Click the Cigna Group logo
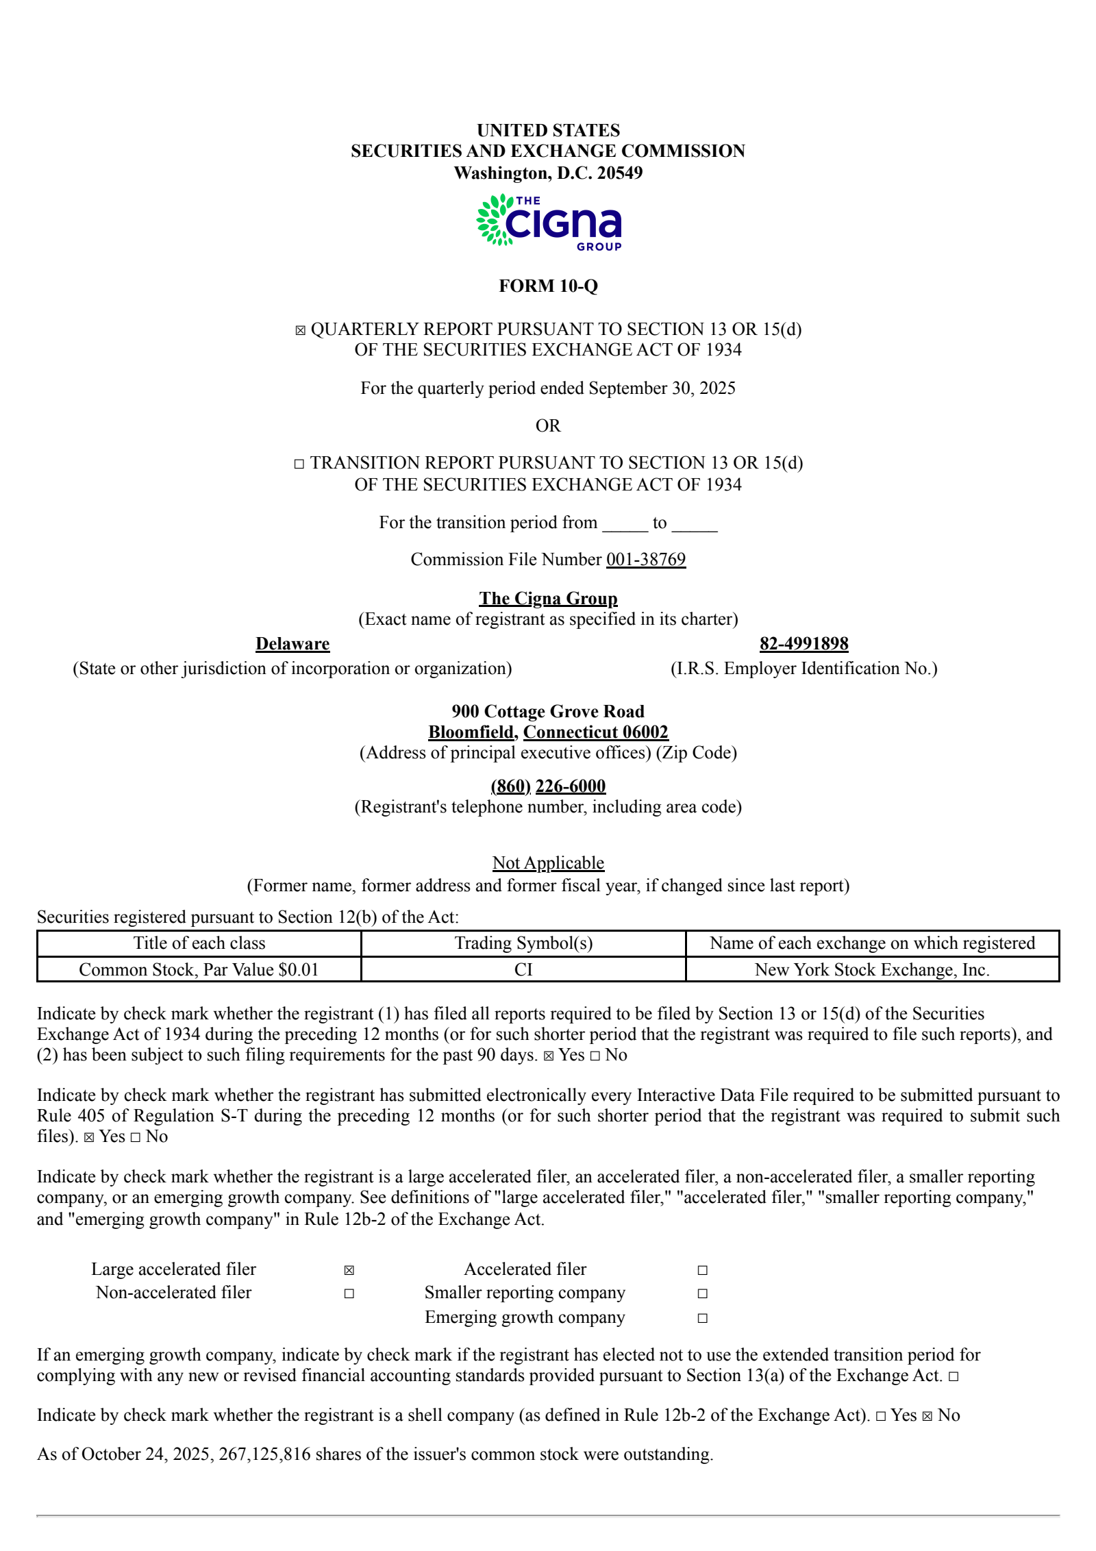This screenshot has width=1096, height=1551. coord(549,221)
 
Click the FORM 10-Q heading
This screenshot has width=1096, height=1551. coord(548,286)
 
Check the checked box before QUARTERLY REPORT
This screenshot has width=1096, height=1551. coord(300,330)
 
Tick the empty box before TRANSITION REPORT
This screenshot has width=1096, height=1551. coord(299,464)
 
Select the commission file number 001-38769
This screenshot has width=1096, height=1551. coord(645,560)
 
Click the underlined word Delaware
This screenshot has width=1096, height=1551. coord(292,644)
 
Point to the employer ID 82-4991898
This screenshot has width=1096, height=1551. coord(804,644)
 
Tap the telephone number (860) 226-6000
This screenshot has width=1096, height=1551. coord(548,786)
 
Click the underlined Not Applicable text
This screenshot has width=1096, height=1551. coord(548,863)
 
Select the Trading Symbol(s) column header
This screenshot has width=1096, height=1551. coord(523,943)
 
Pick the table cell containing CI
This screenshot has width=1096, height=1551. coord(523,969)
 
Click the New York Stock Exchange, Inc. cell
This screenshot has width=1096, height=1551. coord(872,969)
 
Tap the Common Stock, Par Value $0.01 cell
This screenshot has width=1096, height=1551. coord(199,969)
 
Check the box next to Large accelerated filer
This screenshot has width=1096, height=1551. coord(349,1270)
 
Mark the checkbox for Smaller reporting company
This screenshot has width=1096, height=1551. coord(702,1293)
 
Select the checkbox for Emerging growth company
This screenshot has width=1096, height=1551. coord(702,1318)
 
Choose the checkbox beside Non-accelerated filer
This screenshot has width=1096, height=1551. coord(349,1293)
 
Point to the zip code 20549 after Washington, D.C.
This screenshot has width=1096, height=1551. coord(619,173)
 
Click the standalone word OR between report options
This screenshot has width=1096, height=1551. coord(548,426)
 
